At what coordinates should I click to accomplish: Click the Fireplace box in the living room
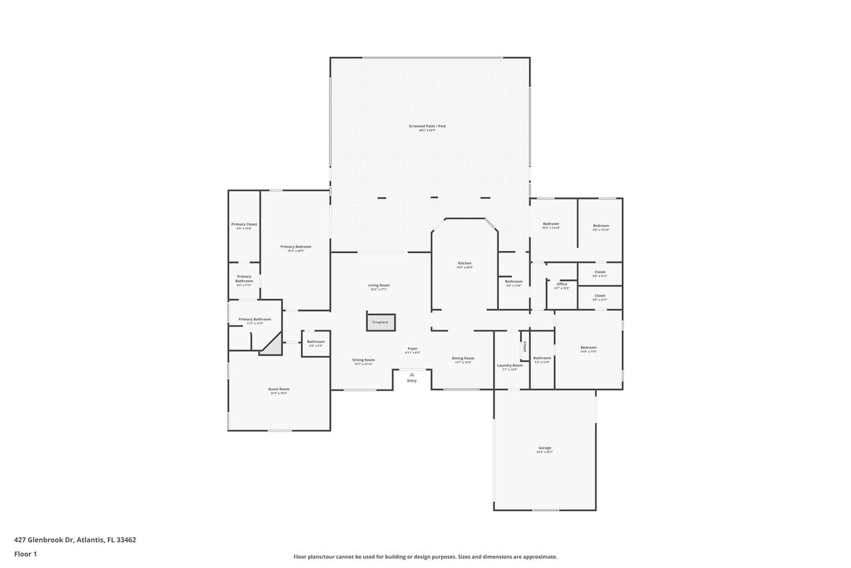click(x=380, y=322)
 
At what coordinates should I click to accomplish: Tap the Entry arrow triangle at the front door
click(x=411, y=374)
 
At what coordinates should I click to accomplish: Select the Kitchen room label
click(x=465, y=263)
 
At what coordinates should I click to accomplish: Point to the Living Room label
click(x=379, y=286)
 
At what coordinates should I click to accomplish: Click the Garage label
click(x=544, y=448)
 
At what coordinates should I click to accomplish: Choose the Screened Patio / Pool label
click(x=427, y=126)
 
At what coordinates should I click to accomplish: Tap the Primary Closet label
click(x=244, y=225)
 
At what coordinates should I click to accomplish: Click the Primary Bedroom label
click(x=295, y=247)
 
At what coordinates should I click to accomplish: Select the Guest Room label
click(x=279, y=389)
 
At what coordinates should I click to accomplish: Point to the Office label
click(x=562, y=284)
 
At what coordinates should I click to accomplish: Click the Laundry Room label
click(x=510, y=365)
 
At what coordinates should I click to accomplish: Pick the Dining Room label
click(x=463, y=358)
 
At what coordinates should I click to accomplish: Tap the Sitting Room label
click(x=363, y=360)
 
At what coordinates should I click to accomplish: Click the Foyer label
click(x=412, y=348)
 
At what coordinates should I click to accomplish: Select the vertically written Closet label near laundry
click(x=523, y=346)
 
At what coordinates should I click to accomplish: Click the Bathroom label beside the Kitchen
click(x=514, y=282)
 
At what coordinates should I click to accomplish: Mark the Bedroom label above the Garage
click(x=589, y=347)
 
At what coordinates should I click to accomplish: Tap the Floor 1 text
click(x=25, y=554)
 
